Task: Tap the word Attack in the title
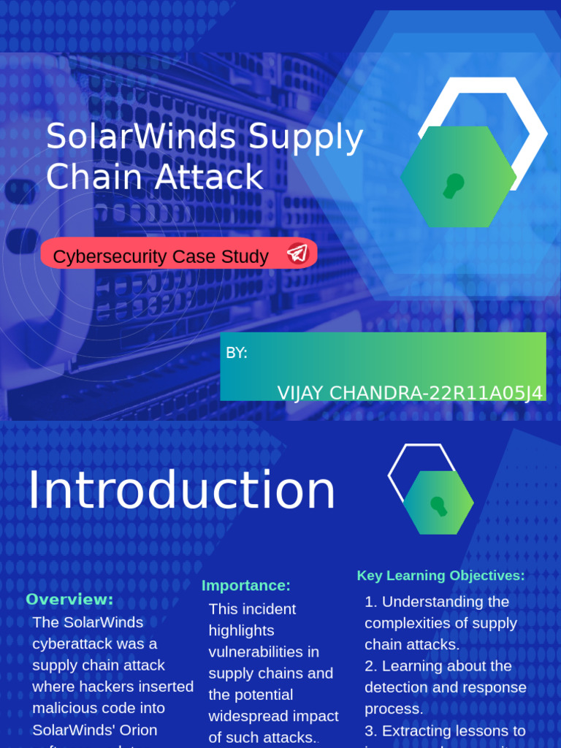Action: tap(220, 177)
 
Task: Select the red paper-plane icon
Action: tap(297, 253)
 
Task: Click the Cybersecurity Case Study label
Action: tap(161, 256)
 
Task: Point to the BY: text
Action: tap(237, 353)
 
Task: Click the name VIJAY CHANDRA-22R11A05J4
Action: tap(410, 393)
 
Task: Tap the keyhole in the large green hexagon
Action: tap(454, 185)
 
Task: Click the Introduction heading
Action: tap(181, 490)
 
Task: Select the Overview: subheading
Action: tap(70, 600)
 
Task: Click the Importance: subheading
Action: tap(246, 585)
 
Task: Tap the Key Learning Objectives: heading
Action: tap(440, 576)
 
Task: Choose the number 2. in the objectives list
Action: tap(371, 665)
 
